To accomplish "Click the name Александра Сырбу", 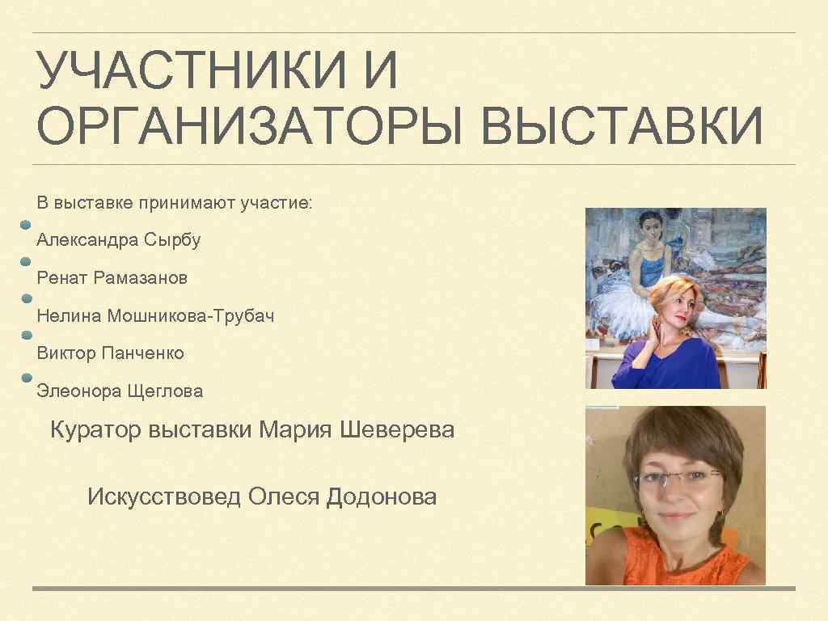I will coord(119,240).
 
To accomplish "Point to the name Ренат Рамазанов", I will coord(112,278).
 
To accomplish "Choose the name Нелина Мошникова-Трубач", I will coord(155,316).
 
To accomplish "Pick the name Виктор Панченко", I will coord(111,353).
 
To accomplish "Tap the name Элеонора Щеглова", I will coord(120,391).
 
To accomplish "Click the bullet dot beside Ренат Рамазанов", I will coord(26,262).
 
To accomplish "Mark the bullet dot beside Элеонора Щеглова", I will coord(26,378).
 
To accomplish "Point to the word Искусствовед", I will coord(164,496).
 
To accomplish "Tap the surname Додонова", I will coord(381,496).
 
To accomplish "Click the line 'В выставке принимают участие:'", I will coord(174,202).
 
